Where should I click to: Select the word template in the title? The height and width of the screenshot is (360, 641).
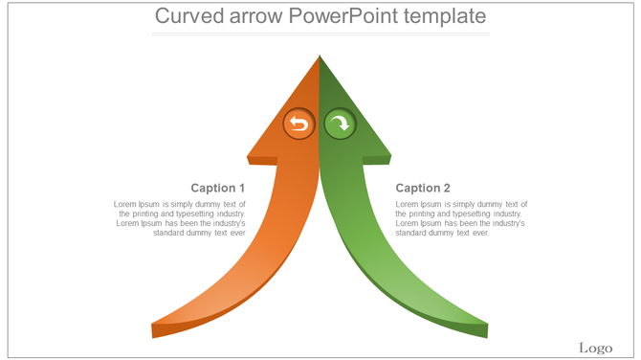coord(444,17)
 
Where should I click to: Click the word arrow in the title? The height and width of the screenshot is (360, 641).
coord(255,17)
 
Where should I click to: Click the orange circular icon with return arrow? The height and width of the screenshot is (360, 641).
coord(298,124)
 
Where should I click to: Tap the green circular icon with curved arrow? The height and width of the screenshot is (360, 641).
coord(339,124)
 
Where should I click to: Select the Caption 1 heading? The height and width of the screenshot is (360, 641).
coord(218,188)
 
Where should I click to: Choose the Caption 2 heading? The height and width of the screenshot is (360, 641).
coord(423,188)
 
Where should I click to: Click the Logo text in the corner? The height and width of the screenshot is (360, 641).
coord(595,347)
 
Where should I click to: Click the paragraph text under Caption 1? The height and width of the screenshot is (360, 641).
coord(180,218)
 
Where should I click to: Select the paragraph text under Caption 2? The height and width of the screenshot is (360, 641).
coord(461,218)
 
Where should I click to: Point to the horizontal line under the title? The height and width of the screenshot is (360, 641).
coord(320,34)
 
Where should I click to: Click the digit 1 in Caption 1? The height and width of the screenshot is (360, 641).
coord(242,188)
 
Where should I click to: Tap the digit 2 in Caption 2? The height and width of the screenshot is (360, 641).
coord(447,188)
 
